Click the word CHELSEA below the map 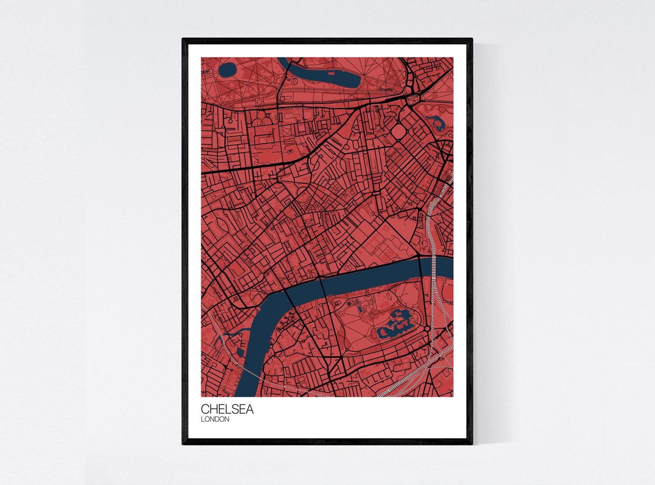[227, 410]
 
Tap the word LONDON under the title [215, 420]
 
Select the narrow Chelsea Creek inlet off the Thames [231, 334]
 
